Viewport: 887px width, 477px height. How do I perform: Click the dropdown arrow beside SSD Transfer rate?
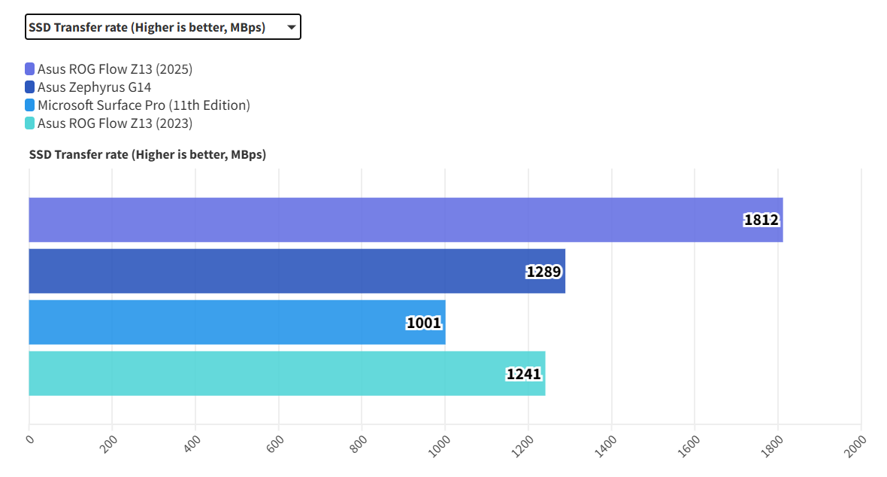click(x=291, y=27)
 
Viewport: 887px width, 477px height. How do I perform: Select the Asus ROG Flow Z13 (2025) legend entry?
click(x=115, y=69)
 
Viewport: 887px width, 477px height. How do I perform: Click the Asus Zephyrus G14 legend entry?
click(x=94, y=87)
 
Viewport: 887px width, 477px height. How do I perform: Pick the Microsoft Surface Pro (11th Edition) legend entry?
click(x=144, y=105)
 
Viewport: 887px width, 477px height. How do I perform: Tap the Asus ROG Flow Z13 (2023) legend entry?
click(x=115, y=123)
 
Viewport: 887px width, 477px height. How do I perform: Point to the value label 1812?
click(x=761, y=220)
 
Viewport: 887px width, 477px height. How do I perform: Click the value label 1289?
click(x=543, y=272)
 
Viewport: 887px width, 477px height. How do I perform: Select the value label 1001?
click(x=424, y=324)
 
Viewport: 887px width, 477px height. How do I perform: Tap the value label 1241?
click(x=524, y=374)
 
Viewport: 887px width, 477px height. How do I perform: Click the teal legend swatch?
click(x=30, y=123)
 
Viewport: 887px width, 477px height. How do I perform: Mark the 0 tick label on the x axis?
click(x=30, y=439)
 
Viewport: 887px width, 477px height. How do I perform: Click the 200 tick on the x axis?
click(x=110, y=443)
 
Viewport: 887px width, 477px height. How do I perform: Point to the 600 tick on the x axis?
click(x=276, y=443)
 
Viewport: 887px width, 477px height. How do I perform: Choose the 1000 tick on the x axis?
click(x=440, y=445)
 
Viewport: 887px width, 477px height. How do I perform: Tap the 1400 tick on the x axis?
click(x=607, y=445)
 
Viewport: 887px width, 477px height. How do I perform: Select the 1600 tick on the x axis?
click(x=690, y=445)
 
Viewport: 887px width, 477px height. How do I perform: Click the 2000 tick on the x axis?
click(x=856, y=445)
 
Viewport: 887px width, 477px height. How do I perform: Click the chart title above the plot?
click(x=147, y=154)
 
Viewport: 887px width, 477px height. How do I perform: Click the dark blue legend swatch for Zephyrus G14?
click(x=30, y=87)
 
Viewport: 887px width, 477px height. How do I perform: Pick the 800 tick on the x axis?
click(x=359, y=443)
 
